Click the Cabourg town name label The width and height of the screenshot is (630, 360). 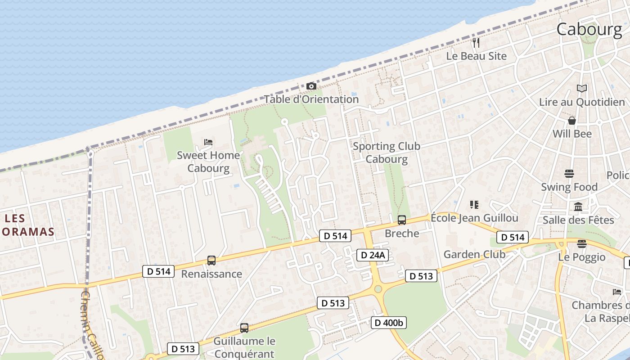(x=589, y=29)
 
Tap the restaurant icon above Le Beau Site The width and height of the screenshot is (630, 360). (x=476, y=43)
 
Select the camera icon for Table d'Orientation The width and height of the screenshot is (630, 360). (x=311, y=86)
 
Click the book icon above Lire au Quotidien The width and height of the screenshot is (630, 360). (x=582, y=89)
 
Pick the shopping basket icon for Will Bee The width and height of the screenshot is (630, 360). (x=572, y=121)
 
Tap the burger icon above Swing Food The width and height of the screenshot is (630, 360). (x=569, y=174)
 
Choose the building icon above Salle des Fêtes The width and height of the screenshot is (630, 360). (x=578, y=207)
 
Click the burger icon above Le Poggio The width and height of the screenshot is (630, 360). (x=582, y=244)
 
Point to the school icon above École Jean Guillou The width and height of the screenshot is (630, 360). (x=474, y=205)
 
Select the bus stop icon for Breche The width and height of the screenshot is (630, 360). (x=402, y=220)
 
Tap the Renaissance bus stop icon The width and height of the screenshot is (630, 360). (x=211, y=260)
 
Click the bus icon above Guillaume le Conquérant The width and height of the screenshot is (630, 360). (x=244, y=328)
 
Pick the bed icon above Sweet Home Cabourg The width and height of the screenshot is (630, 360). (x=208, y=142)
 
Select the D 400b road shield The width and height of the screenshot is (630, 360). (x=389, y=322)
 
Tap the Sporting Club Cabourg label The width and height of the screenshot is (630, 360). (x=387, y=153)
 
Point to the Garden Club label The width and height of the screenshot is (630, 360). (x=474, y=254)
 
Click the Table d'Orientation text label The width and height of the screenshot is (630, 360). (x=311, y=99)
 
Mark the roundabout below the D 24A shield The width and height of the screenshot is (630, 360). (x=378, y=289)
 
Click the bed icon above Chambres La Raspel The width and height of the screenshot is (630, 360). (x=617, y=292)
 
